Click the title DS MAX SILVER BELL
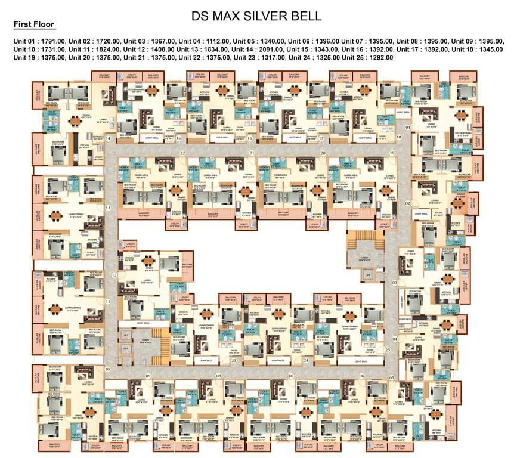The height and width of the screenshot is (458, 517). tap(256, 16)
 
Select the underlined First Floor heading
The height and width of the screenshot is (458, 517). tap(33, 24)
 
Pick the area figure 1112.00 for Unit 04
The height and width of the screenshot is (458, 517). tap(218, 41)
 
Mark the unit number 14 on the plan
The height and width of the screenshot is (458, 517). tap(109, 138)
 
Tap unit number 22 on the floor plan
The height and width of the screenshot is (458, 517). tap(183, 153)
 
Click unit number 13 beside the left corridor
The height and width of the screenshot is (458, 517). tap(108, 208)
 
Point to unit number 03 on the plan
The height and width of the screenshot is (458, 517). tap(394, 282)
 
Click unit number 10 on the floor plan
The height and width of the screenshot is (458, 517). tap(108, 370)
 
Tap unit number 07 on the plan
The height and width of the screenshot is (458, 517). tap(292, 376)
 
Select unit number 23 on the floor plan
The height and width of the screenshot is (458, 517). tap(234, 361)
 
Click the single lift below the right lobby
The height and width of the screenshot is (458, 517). tap(368, 275)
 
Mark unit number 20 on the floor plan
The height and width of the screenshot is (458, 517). tap(323, 153)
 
